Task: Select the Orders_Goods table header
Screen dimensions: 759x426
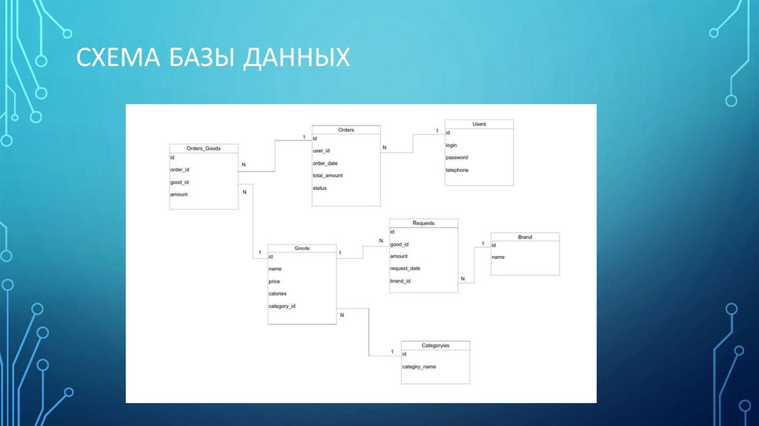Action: pos(203,148)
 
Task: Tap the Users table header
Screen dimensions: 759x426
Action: pos(479,124)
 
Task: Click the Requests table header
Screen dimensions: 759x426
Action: pos(423,223)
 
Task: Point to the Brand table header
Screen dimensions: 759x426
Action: pos(525,237)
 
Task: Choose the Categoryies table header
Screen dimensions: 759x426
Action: pos(435,346)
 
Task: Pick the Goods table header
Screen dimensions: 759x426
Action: pos(302,249)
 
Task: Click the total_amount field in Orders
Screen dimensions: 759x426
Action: pos(328,176)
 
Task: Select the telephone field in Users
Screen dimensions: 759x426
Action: pos(457,171)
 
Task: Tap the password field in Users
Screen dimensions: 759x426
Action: pos(457,158)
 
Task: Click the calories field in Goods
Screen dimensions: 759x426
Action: pos(277,294)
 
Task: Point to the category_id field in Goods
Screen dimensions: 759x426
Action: pos(282,306)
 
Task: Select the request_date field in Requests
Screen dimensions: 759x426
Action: pos(405,269)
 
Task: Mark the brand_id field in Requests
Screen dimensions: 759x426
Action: pos(400,281)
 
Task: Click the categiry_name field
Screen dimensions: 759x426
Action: pos(419,367)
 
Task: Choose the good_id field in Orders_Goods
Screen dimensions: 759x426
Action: pos(180,182)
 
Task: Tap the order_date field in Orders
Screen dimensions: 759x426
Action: pos(325,163)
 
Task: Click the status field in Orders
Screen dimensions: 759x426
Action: pos(319,189)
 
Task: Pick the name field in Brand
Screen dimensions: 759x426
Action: pos(498,257)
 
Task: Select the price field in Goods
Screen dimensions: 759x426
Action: pos(274,282)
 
